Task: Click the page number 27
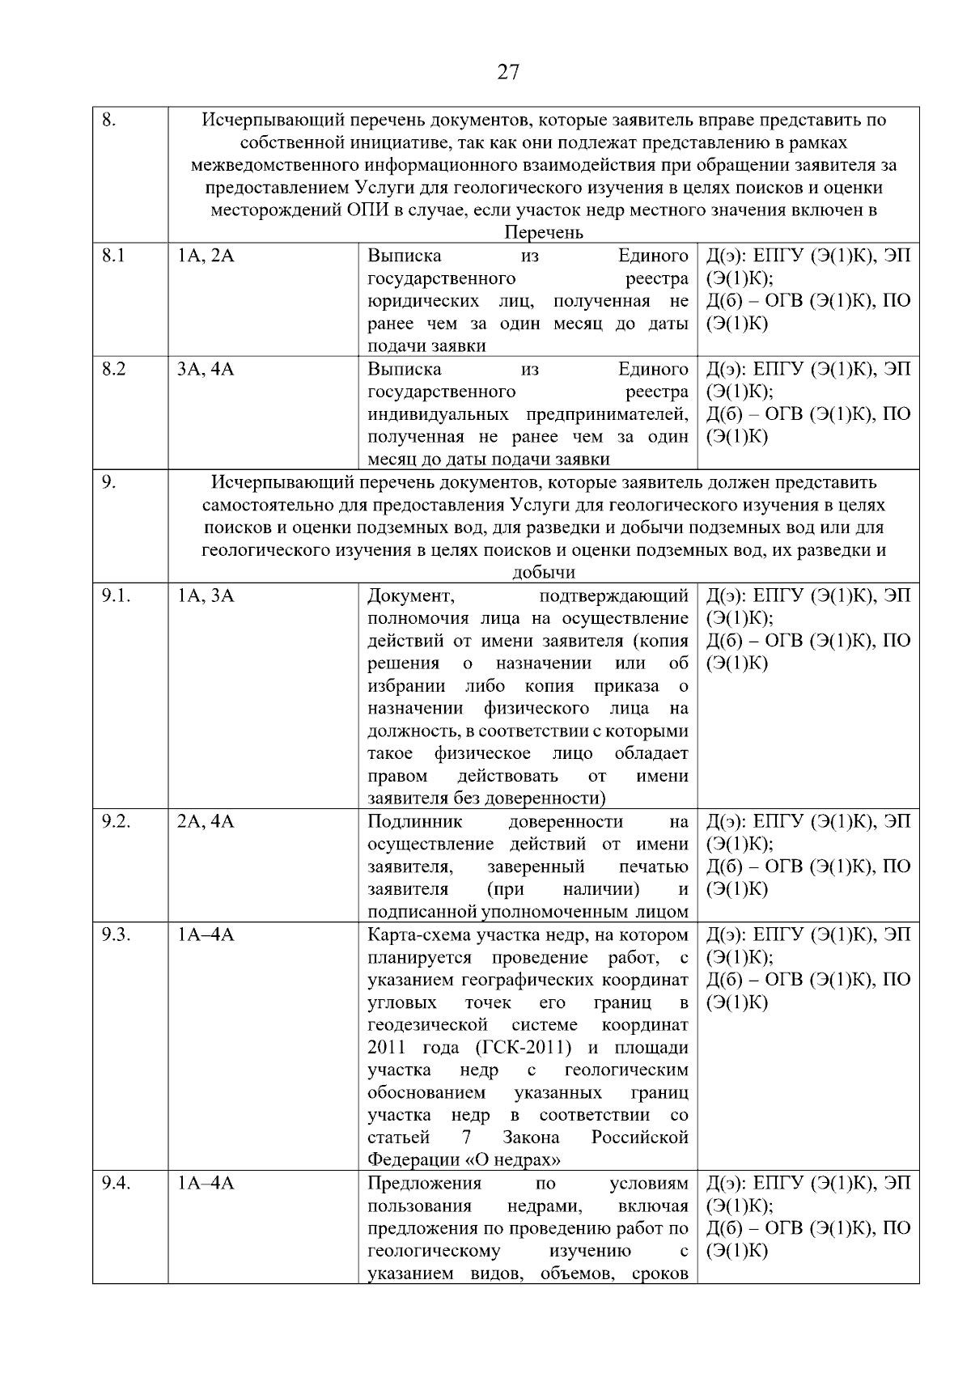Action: pyautogui.click(x=507, y=72)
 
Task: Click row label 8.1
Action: pyautogui.click(x=114, y=256)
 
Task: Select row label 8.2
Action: pyautogui.click(x=114, y=369)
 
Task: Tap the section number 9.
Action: pyautogui.click(x=108, y=482)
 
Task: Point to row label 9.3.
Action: pyautogui.click(x=117, y=934)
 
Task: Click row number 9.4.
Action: pyautogui.click(x=117, y=1183)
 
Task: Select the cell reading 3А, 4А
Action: pyautogui.click(x=206, y=369)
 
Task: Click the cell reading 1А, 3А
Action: pyautogui.click(x=206, y=595)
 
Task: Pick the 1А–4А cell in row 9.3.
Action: pyautogui.click(x=206, y=934)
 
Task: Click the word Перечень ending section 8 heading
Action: pyautogui.click(x=543, y=233)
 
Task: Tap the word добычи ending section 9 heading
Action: pyautogui.click(x=543, y=573)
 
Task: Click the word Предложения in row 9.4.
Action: pyautogui.click(x=424, y=1183)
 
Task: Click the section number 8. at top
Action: pyautogui.click(x=109, y=120)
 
